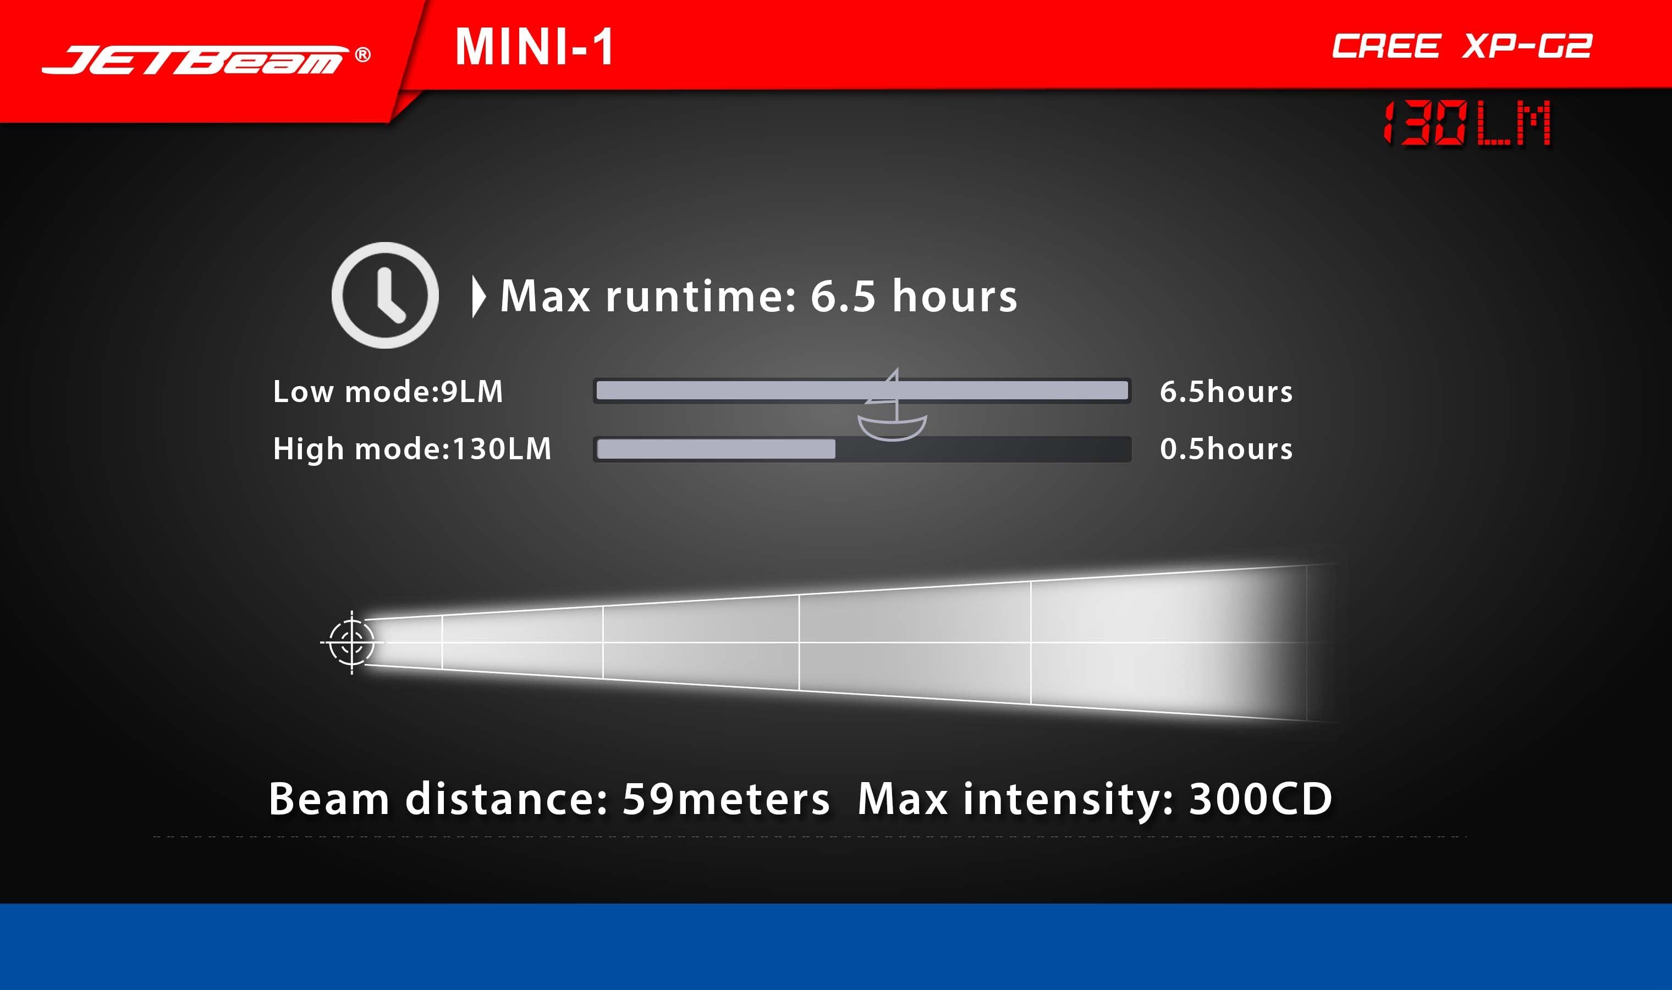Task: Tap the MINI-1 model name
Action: pyautogui.click(x=534, y=47)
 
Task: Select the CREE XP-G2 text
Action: pyautogui.click(x=1462, y=46)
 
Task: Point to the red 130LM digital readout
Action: pyautogui.click(x=1467, y=123)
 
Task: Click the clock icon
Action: pyautogui.click(x=385, y=295)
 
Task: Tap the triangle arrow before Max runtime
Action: pyautogui.click(x=478, y=296)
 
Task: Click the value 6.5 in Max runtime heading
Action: pyautogui.click(x=843, y=295)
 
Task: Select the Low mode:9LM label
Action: pyautogui.click(x=388, y=392)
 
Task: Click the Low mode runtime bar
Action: pyautogui.click(x=862, y=391)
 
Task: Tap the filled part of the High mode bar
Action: pyautogui.click(x=716, y=449)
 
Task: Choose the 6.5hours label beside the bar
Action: pyautogui.click(x=1226, y=392)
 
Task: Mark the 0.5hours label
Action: pyautogui.click(x=1226, y=449)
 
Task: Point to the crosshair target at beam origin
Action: pyautogui.click(x=352, y=642)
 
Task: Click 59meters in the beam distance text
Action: pyautogui.click(x=725, y=799)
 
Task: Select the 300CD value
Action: pyautogui.click(x=1261, y=799)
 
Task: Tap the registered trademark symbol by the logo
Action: pyautogui.click(x=363, y=54)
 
